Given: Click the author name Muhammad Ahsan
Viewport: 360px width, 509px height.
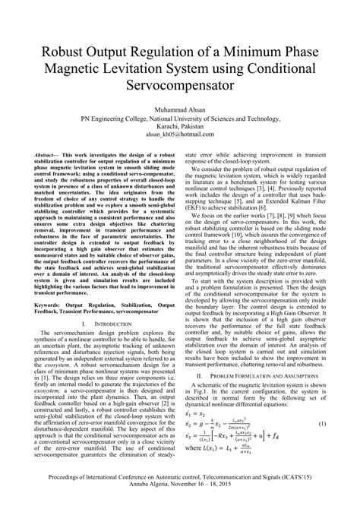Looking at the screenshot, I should click(x=180, y=109).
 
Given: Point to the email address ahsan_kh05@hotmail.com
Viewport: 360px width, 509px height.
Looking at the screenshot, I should click(x=180, y=137).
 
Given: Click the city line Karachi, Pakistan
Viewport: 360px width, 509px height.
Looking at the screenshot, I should click(x=180, y=128).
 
